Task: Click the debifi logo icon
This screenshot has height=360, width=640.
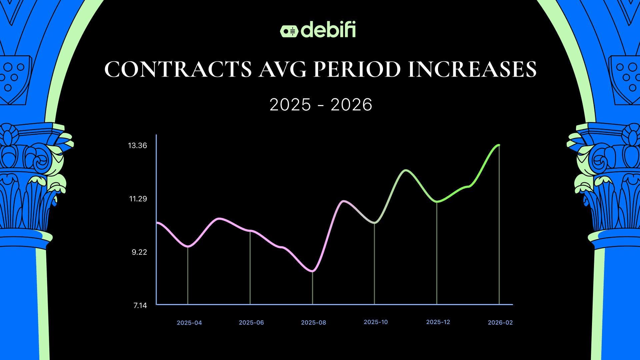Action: pos(289,31)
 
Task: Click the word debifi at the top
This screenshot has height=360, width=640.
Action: pos(328,30)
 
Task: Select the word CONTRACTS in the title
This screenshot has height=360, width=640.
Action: pos(178,69)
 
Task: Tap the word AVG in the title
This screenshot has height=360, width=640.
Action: pos(282,69)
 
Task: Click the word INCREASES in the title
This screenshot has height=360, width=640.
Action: pos(472,69)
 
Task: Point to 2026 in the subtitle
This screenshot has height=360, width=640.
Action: pos(351,105)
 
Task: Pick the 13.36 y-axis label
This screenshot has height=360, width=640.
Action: pos(137,146)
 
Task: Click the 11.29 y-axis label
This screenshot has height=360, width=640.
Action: pos(138,199)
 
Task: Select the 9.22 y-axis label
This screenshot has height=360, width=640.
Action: pos(139,252)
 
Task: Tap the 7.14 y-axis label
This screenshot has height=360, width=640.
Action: pos(140,306)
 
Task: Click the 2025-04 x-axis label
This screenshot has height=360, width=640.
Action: pos(189,323)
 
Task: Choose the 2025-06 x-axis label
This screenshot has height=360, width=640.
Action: pos(251,323)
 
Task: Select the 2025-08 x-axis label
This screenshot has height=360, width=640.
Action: pos(313,323)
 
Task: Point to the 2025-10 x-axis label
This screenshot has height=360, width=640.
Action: pos(376,322)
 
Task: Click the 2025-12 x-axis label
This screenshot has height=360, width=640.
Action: pos(438,322)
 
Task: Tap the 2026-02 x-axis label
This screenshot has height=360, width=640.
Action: pos(500,323)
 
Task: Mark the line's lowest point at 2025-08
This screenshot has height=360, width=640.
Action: pos(312,271)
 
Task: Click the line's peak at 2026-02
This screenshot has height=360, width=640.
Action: pos(499,145)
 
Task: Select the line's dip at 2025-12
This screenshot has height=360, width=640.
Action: pos(437,201)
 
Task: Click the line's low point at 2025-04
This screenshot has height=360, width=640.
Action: pos(188,246)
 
